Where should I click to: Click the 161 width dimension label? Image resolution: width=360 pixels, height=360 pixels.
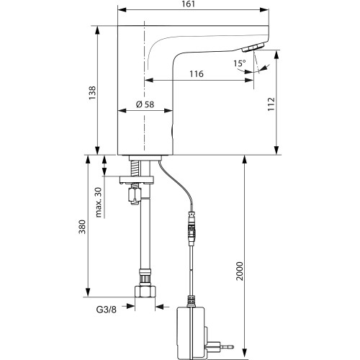click(x=189, y=4)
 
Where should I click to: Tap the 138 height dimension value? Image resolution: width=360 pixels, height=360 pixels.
click(x=92, y=93)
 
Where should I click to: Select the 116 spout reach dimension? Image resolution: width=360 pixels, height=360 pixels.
click(x=197, y=73)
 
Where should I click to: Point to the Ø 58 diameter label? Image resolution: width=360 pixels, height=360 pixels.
click(x=145, y=104)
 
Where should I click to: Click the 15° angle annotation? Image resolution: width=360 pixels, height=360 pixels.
click(x=240, y=63)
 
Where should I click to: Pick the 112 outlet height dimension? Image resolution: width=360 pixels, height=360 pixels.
click(x=271, y=104)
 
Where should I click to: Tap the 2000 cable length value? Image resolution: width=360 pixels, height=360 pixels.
click(x=240, y=271)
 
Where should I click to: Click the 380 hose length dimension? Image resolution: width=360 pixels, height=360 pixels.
click(x=82, y=227)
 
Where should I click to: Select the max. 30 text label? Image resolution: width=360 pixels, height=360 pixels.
click(x=99, y=202)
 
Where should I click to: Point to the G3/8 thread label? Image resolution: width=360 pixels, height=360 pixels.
click(x=107, y=310)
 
